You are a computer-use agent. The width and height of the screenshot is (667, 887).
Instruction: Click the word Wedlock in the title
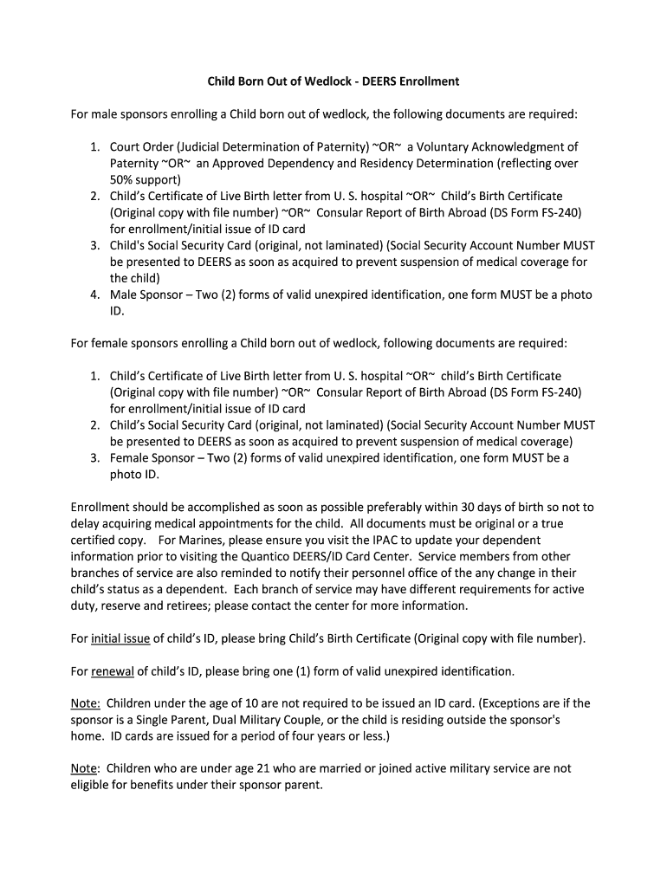click(304, 81)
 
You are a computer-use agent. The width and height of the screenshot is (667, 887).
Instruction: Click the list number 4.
click(95, 295)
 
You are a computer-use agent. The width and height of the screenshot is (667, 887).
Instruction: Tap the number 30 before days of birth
click(470, 508)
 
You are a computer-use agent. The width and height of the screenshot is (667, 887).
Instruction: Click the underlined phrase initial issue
click(120, 638)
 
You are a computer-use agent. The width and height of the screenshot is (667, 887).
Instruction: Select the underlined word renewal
click(113, 671)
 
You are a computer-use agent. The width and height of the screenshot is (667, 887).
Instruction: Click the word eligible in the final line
click(91, 786)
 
